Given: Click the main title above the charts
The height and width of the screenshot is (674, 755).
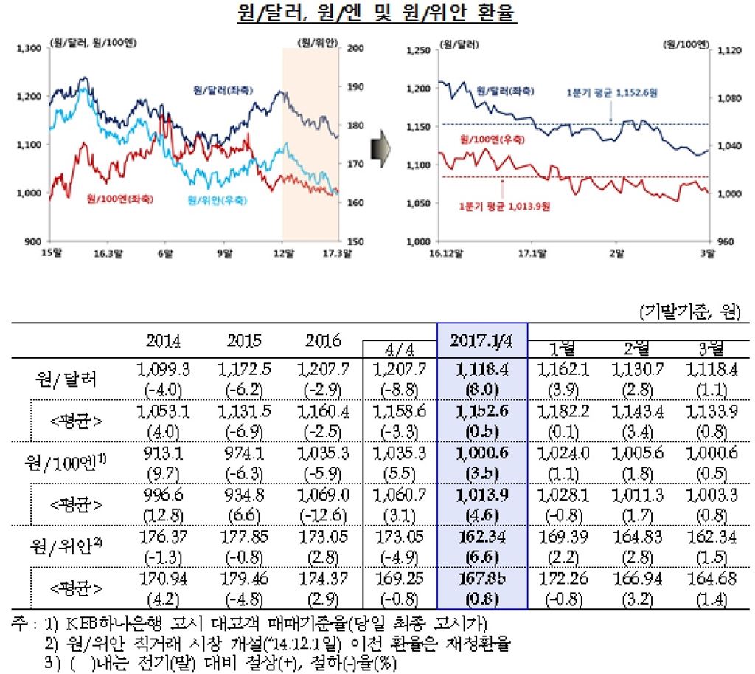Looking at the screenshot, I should [x=377, y=14].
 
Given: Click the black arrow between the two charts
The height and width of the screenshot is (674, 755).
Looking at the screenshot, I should [x=380, y=145].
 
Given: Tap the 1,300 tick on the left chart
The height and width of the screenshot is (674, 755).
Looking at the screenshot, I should [x=29, y=49].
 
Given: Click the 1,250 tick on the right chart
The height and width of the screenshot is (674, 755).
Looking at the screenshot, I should [x=418, y=51].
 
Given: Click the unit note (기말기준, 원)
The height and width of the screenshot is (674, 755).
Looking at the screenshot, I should [x=689, y=312].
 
